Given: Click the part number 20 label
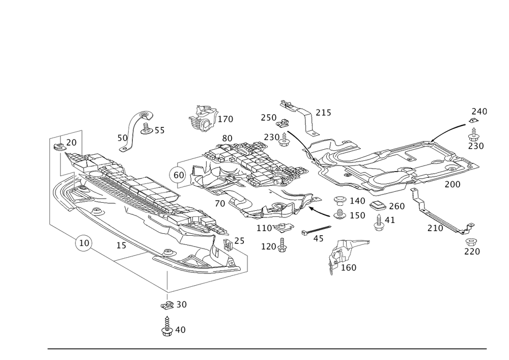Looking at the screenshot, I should (72, 142).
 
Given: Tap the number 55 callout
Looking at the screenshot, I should (158, 132).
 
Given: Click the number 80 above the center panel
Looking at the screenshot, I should (227, 138).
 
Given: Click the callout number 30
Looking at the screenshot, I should (181, 305).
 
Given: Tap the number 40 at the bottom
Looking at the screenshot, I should (180, 330).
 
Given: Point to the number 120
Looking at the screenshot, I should (267, 246).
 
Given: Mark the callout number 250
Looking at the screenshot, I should (268, 118).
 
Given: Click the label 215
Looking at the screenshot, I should (323, 113).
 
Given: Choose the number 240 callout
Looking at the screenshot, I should (479, 112).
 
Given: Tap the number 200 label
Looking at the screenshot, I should (452, 184).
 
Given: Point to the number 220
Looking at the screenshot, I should (472, 251).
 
